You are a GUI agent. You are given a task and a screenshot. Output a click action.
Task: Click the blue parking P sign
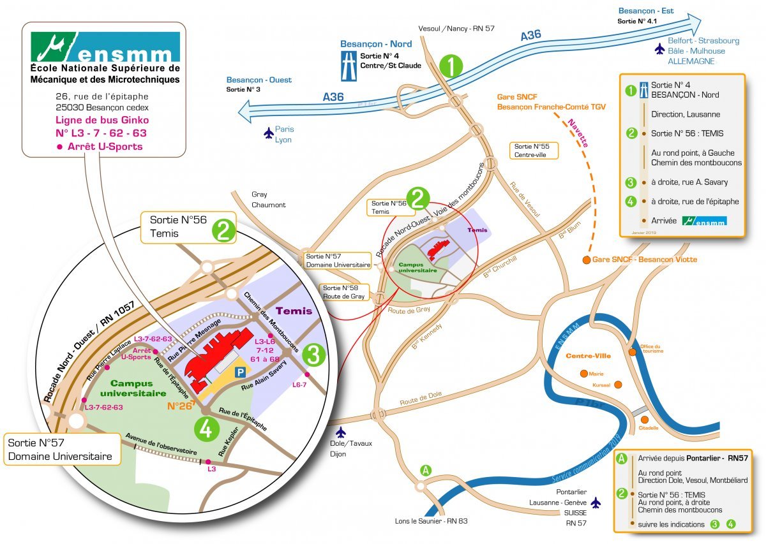pyautogui.click(x=240, y=371)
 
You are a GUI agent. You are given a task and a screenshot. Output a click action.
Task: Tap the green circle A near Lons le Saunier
pyautogui.click(x=426, y=470)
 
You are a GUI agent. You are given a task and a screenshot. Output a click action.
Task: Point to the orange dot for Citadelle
pyautogui.click(x=645, y=419)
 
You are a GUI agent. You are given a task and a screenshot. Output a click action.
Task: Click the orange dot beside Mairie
pyautogui.click(x=583, y=374)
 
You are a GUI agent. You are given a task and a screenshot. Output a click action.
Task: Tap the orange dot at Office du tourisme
pyautogui.click(x=632, y=351)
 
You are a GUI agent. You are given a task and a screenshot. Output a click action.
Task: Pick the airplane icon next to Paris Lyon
pyautogui.click(x=268, y=133)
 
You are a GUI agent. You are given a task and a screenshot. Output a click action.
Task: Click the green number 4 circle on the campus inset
pyautogui.click(x=206, y=429)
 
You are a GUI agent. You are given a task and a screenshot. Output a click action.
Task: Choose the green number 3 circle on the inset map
pyautogui.click(x=313, y=355)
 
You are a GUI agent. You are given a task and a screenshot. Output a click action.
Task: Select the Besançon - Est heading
pyautogui.click(x=646, y=11)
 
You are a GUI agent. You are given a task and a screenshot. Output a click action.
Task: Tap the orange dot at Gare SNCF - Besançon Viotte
pyautogui.click(x=585, y=260)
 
